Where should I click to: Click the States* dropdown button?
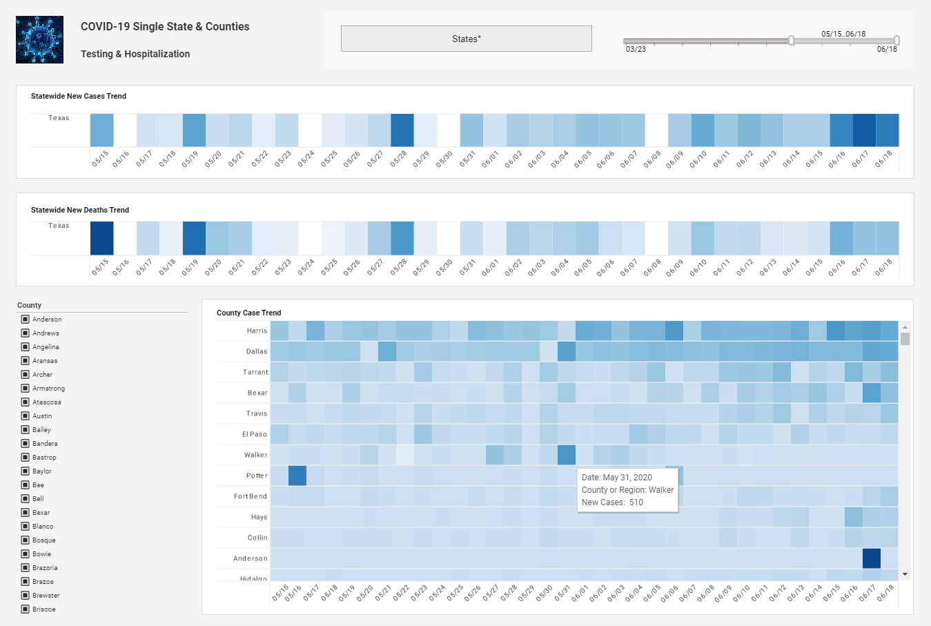[466, 39]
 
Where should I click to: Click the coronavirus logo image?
[39, 40]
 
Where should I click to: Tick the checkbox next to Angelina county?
[25, 346]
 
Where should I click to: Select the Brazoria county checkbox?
[25, 567]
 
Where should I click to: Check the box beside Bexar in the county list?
[25, 512]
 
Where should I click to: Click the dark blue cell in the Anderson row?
[871, 558]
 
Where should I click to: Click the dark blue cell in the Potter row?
[297, 476]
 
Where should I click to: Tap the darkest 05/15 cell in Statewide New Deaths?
[101, 238]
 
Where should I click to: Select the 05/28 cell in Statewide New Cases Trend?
[402, 130]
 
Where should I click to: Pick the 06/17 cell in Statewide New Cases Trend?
[864, 130]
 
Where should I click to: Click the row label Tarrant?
[255, 372]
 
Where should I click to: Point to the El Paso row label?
[254, 434]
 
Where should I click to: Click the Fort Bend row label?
[250, 496]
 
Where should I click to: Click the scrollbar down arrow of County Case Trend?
[905, 574]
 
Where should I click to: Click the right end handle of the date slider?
[896, 41]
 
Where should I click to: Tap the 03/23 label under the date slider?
[636, 50]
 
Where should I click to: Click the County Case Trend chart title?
[248, 313]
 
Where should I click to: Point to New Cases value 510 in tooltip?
[636, 502]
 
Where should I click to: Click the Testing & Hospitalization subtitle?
[135, 54]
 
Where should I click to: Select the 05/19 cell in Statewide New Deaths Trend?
[194, 238]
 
